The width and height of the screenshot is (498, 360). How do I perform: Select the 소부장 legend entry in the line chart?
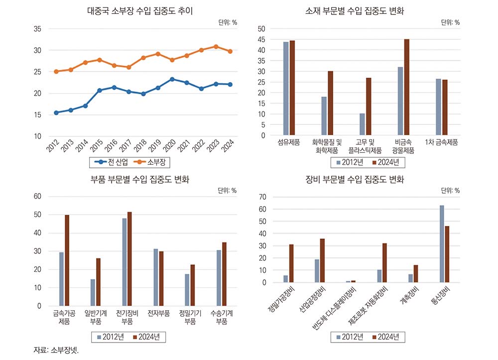click(151, 162)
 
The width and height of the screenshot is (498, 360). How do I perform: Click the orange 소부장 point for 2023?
click(216, 47)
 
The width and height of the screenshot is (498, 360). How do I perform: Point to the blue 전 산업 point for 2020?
click(172, 79)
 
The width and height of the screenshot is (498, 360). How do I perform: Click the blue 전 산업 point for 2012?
click(56, 113)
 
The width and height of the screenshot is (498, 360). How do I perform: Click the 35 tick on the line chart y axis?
click(37, 29)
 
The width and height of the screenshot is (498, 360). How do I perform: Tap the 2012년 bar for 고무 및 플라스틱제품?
click(363, 124)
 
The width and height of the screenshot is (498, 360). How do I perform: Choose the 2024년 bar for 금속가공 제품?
click(67, 260)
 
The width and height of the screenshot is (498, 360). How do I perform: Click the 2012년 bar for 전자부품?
click(155, 277)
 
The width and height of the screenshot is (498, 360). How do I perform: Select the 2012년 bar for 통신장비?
click(442, 244)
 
